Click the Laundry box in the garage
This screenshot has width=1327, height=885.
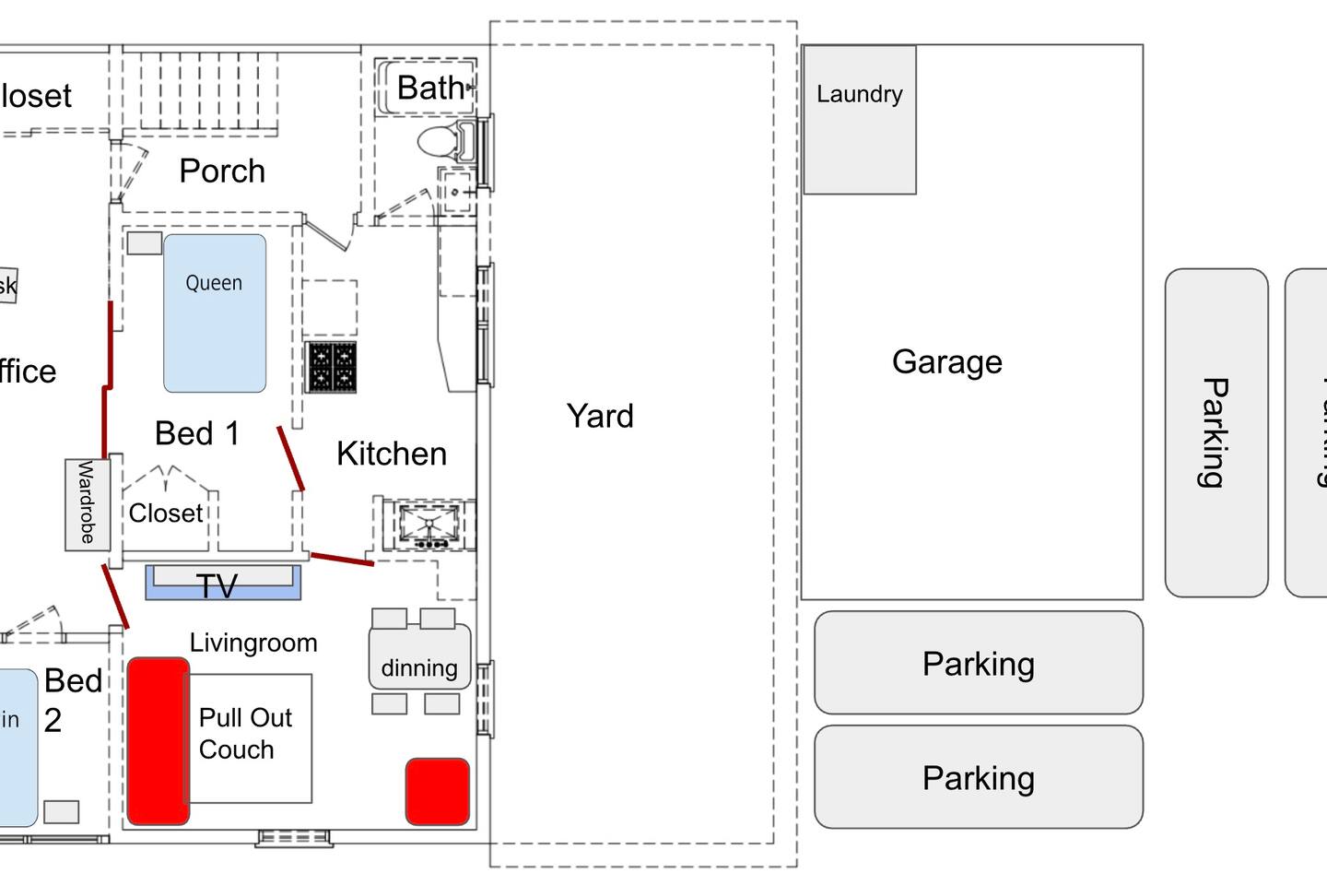(x=859, y=120)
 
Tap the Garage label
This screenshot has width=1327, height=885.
(x=946, y=361)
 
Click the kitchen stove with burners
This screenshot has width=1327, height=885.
(x=331, y=367)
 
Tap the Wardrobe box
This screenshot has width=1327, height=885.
(x=88, y=504)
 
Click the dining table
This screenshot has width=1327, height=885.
(x=419, y=657)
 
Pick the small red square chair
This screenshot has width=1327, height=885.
(x=438, y=791)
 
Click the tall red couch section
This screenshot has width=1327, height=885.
(x=158, y=740)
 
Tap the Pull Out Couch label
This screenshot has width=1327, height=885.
(x=245, y=733)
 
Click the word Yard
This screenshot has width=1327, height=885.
(x=600, y=416)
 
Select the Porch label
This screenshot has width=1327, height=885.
(x=222, y=171)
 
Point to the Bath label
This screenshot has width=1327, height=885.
(x=430, y=88)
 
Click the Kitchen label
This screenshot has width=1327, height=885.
(x=391, y=454)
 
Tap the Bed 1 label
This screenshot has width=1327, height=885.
(x=197, y=433)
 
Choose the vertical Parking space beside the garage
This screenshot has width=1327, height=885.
(x=1216, y=432)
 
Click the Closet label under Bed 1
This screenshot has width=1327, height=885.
(x=166, y=513)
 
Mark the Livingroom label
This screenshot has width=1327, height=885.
(x=253, y=643)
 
